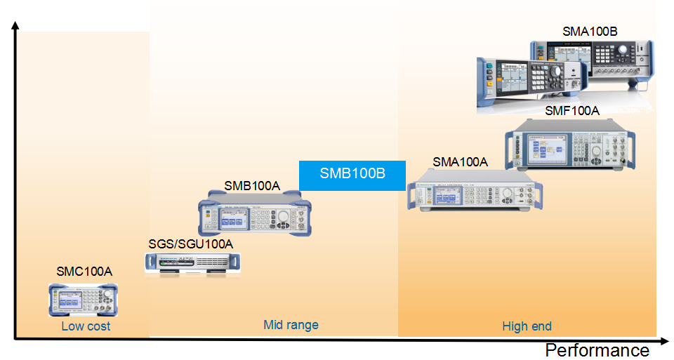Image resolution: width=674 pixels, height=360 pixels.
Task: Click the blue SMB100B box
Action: coord(352,175)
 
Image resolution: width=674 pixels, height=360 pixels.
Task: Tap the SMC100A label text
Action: coord(84,271)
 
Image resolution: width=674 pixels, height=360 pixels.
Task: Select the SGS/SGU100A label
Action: coord(190,244)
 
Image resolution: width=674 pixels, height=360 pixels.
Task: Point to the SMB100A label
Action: coord(252,186)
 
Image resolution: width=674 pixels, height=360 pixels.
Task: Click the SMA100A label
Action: coord(460,162)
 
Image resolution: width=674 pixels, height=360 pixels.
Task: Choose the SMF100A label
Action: coord(572,111)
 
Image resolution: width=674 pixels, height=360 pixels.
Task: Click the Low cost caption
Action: coord(86,326)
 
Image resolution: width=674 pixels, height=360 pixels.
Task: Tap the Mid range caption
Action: coord(291,325)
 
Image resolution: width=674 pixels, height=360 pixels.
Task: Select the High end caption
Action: coord(527,326)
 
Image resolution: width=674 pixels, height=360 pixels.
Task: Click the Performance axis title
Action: coord(597,350)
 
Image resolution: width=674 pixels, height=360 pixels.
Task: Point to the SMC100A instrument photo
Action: coord(83,300)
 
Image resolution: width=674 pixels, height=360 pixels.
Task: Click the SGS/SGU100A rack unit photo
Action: coord(193,262)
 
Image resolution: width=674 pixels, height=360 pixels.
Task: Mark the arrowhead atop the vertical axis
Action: coord(15,26)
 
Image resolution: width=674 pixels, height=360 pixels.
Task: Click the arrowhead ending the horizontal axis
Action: coord(667,339)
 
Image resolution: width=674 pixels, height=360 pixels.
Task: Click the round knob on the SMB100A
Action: coord(283,217)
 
